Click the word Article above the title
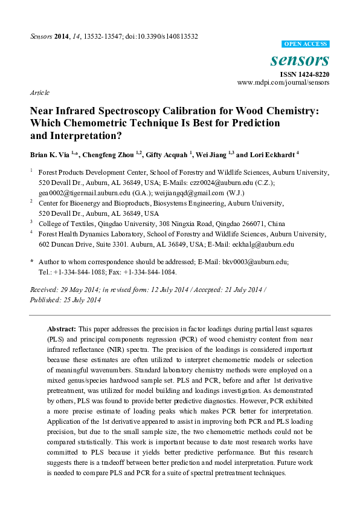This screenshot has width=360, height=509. tap(39, 93)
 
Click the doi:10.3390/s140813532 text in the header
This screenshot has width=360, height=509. tap(158, 36)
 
